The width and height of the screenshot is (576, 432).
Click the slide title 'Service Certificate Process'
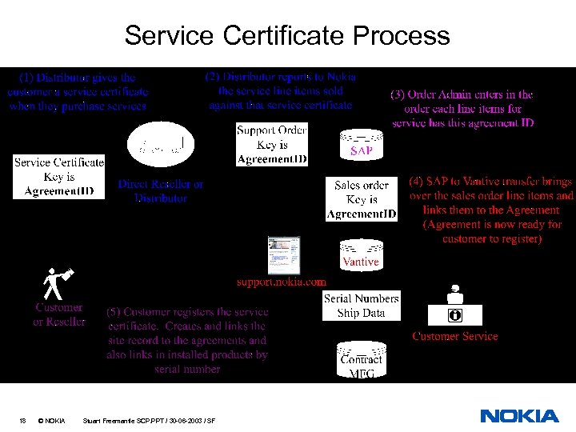pos(287,36)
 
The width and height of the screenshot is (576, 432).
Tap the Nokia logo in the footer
pos(519,416)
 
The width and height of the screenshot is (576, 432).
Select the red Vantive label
pos(361,262)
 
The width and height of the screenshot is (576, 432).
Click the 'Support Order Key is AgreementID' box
pos(272,145)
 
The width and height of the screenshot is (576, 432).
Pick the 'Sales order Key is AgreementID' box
pos(362,200)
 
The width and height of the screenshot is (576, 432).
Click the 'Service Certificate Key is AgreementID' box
pos(59,177)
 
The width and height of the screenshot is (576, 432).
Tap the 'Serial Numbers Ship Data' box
pos(361,306)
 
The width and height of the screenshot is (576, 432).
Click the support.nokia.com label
pos(282,282)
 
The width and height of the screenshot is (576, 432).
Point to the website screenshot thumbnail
pos(284,254)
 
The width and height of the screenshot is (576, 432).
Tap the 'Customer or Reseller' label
pos(58,314)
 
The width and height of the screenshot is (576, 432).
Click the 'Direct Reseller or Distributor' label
pos(161,190)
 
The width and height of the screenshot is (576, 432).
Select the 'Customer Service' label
pos(455,336)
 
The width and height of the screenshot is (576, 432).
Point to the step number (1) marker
pos(26,78)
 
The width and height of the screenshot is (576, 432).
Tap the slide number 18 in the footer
pos(23,420)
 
